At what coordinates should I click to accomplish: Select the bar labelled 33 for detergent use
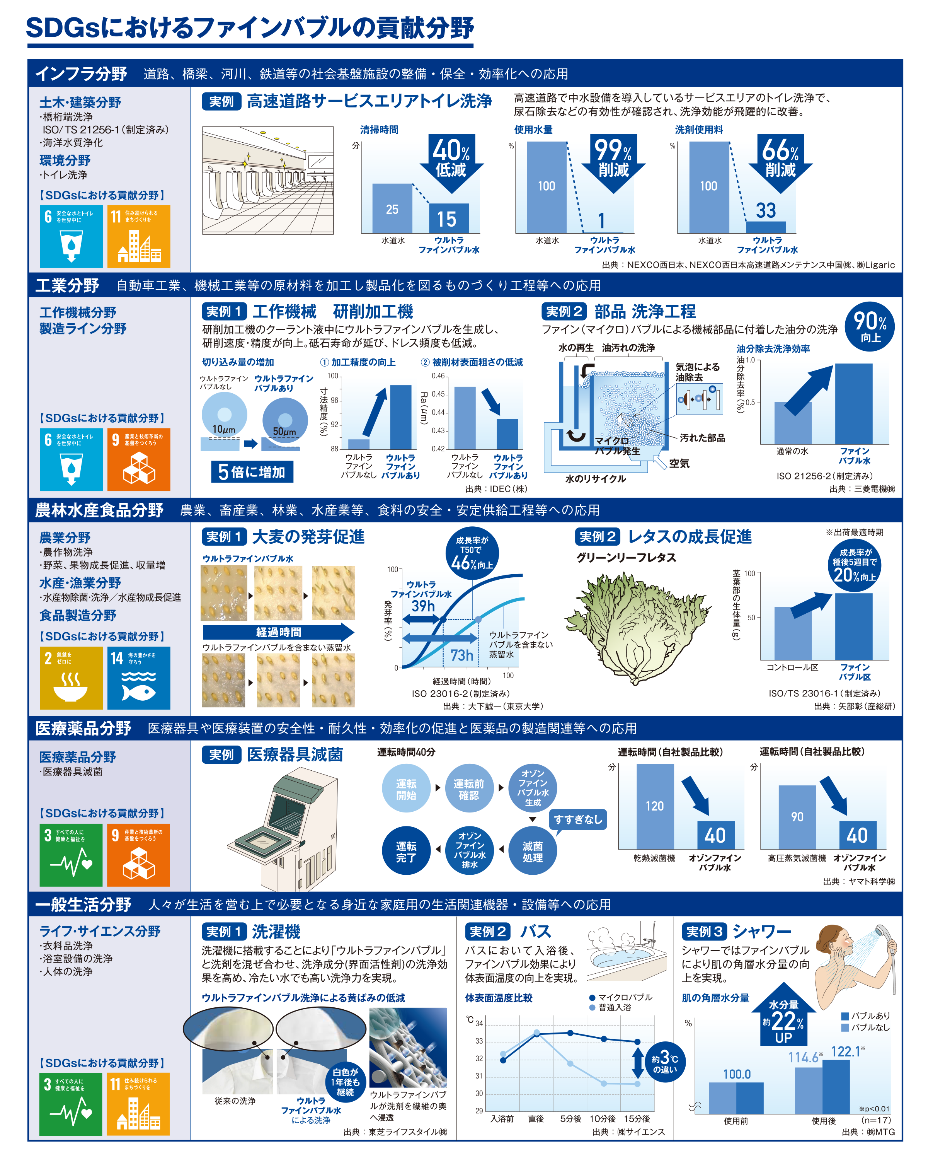[x=766, y=227]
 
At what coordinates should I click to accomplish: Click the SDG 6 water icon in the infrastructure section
[x=71, y=236]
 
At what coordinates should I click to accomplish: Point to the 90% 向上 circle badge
[x=870, y=326]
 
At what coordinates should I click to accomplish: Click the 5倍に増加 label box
[x=252, y=472]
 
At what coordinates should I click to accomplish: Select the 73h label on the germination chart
[x=461, y=655]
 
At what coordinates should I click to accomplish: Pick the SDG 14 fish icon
[x=139, y=678]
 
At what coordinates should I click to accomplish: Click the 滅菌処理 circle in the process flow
[x=532, y=852]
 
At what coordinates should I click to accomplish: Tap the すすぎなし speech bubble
[x=577, y=820]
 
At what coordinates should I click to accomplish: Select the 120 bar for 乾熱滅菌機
[x=654, y=807]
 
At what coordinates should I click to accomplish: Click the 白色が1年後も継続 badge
[x=346, y=1082]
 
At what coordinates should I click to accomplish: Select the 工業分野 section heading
[x=67, y=285]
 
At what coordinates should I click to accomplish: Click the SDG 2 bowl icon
[x=71, y=678]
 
